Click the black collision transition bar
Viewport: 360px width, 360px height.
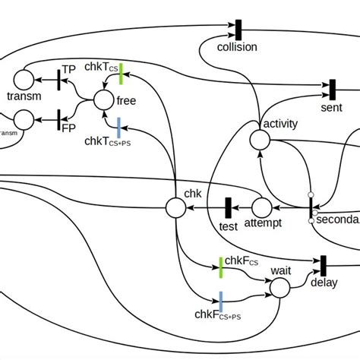click(x=238, y=30)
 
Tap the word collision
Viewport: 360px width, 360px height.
click(x=238, y=47)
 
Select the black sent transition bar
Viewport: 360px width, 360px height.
click(x=332, y=89)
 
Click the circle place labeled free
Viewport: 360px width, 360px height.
click(x=104, y=99)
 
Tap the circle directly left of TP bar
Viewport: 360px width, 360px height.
click(x=24, y=78)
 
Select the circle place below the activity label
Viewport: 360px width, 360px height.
click(x=260, y=140)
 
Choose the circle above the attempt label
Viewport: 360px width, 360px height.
click(x=261, y=207)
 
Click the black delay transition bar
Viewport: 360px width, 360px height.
click(x=324, y=265)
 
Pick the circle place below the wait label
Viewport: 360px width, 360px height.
click(x=280, y=287)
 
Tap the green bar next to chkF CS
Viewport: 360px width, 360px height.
click(x=220, y=266)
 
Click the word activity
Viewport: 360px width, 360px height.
click(x=279, y=124)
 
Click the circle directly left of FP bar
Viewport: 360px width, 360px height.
click(x=24, y=119)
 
